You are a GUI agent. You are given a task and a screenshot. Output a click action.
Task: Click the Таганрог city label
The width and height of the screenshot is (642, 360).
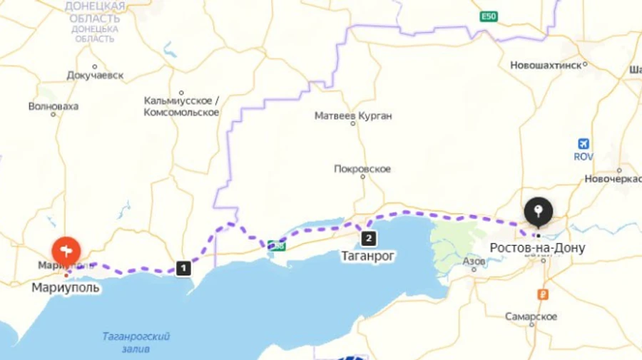click(x=369, y=254)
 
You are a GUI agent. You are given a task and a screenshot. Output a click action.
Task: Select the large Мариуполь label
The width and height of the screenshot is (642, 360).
click(x=66, y=288)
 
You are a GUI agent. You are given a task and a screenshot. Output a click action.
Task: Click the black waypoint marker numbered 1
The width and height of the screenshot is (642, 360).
click(x=183, y=268)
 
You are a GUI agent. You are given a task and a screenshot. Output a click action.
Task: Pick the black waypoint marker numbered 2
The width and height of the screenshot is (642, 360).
click(x=368, y=238)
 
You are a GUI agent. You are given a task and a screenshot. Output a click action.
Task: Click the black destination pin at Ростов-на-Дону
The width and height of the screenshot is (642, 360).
click(x=538, y=212)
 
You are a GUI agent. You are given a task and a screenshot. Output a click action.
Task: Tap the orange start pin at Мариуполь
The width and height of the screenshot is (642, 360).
click(x=66, y=250)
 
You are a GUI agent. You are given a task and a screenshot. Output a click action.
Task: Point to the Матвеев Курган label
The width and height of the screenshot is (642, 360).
click(x=354, y=115)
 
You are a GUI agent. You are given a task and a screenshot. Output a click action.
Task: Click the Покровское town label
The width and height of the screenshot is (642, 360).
click(x=362, y=169)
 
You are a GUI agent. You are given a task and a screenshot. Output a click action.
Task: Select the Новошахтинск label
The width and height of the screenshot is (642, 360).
click(x=545, y=66)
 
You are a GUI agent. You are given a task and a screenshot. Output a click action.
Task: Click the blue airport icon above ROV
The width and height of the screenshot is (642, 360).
click(x=584, y=143)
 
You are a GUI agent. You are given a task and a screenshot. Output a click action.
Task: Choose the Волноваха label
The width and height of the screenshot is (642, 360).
click(x=53, y=106)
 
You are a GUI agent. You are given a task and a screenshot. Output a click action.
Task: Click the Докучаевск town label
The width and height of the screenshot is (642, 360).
click(x=95, y=74)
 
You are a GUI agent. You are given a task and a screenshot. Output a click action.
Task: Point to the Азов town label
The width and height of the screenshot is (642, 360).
click(x=474, y=262)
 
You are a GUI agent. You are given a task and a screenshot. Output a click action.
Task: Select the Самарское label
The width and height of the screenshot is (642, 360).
click(x=531, y=316)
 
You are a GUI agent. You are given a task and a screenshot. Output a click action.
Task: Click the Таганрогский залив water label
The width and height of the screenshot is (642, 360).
click(x=136, y=341)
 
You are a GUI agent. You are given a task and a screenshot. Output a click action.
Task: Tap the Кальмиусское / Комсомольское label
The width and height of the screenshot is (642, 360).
click(x=181, y=106)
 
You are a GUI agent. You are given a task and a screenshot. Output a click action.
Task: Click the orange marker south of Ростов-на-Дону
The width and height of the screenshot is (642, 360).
click(x=544, y=294)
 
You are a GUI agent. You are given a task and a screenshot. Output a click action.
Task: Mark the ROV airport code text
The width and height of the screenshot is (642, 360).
click(x=584, y=156)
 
